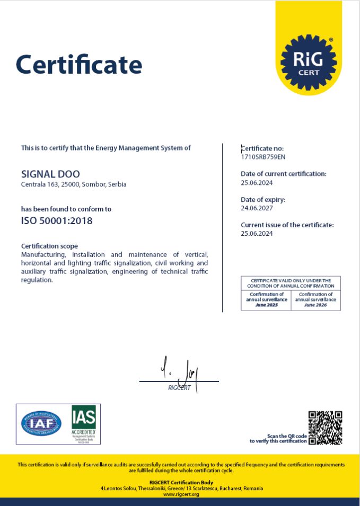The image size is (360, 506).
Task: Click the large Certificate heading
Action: click(x=79, y=65)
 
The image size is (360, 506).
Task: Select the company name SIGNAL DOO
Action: click(x=51, y=174)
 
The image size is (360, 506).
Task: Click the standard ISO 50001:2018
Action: click(x=57, y=221)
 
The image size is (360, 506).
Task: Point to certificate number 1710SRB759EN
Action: click(x=263, y=157)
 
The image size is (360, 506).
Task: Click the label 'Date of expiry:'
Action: click(x=263, y=200)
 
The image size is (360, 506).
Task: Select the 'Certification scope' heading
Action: click(x=49, y=246)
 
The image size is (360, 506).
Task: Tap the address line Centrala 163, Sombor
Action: click(x=74, y=184)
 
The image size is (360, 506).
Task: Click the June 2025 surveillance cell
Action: click(x=266, y=300)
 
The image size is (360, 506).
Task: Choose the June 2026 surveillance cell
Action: click(x=316, y=300)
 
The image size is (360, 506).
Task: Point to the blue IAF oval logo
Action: click(x=41, y=424)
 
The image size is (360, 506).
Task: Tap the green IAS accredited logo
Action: click(x=84, y=423)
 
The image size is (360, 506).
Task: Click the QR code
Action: click(x=326, y=427)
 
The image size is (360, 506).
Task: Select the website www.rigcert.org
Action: click(x=181, y=494)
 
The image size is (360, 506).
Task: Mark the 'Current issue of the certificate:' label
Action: click(x=287, y=225)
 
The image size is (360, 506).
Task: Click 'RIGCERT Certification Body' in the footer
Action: click(x=181, y=482)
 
